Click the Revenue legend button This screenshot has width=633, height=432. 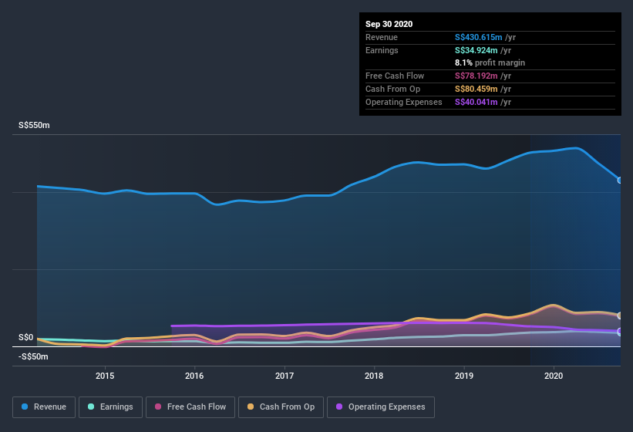[44, 407]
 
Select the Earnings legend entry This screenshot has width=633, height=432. [110, 407]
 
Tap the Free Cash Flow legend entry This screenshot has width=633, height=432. [191, 407]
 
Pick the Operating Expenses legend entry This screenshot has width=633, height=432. [381, 407]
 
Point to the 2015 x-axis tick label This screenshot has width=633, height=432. [105, 376]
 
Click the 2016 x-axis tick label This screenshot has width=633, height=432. [194, 376]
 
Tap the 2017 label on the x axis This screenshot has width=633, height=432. [285, 376]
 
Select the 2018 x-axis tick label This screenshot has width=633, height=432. [374, 376]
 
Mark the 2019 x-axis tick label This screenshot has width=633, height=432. [464, 376]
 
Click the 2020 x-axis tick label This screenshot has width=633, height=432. [554, 376]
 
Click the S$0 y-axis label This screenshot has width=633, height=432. [26, 338]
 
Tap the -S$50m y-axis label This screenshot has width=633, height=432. [33, 356]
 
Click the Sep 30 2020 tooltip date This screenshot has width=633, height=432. [389, 24]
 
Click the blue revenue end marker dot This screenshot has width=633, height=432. [620, 180]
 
